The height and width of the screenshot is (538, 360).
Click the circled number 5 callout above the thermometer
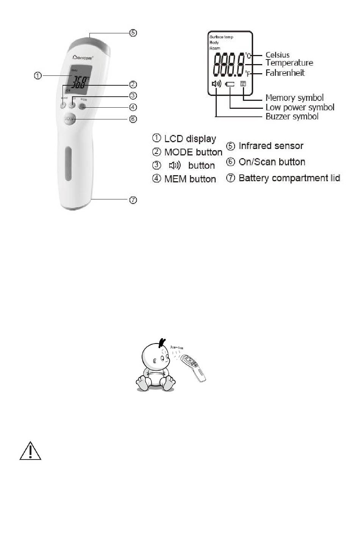pos(133,33)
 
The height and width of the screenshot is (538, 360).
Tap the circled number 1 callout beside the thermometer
pos(38,75)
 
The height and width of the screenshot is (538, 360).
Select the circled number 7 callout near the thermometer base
pos(133,200)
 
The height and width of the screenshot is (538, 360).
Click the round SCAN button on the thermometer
pos(70,119)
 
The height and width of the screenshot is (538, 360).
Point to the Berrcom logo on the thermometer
pos(83,57)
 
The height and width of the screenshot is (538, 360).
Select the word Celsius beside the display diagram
pos(277,55)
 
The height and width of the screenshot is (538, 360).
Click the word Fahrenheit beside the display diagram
pos(285,73)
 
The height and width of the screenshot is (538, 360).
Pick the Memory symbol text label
pos(294,98)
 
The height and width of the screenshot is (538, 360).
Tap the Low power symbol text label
pos(300,107)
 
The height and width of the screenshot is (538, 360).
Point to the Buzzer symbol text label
pos(292,116)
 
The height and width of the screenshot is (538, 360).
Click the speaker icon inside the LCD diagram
pos(216,84)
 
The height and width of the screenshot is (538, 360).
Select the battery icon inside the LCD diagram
pos(230,84)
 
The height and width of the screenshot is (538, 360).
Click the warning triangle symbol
pos(30,451)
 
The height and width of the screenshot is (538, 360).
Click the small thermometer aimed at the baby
pos(194,367)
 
